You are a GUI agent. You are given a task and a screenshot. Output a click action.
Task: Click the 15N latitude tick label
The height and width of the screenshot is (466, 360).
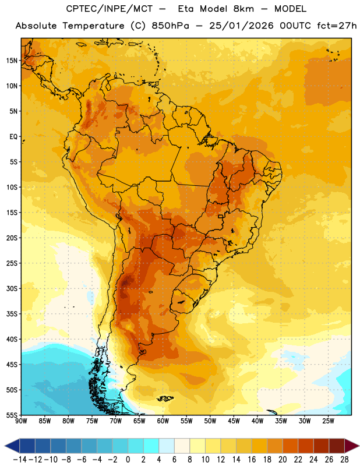pyautogui.click(x=12, y=61)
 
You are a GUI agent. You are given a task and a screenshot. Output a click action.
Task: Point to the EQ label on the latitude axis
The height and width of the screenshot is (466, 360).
pyautogui.click(x=13, y=137)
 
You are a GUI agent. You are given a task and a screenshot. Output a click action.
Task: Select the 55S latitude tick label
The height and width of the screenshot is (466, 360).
pyautogui.click(x=12, y=415)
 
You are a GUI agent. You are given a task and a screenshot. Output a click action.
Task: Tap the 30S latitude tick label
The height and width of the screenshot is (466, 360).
pyautogui.click(x=12, y=288)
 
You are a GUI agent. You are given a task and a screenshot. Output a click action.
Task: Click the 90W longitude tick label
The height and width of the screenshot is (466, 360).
pyautogui.click(x=22, y=421)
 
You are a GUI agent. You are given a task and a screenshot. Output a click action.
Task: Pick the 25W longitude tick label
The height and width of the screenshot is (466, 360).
pyautogui.click(x=328, y=421)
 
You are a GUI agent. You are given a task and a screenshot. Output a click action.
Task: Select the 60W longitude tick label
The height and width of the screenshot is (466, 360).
pyautogui.click(x=163, y=421)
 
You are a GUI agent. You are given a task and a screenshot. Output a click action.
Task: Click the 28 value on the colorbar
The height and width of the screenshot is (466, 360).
pyautogui.click(x=344, y=460)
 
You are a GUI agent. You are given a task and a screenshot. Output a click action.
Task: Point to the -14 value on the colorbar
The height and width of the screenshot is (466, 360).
pyautogui.click(x=20, y=460)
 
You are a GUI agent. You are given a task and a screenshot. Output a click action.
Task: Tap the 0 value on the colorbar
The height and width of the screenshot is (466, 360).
pyautogui.click(x=128, y=460)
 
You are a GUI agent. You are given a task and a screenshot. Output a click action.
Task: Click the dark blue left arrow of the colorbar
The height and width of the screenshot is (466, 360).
pyautogui.click(x=12, y=446)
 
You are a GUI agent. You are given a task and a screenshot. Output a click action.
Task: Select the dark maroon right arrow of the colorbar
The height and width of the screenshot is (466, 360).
pyautogui.click(x=352, y=446)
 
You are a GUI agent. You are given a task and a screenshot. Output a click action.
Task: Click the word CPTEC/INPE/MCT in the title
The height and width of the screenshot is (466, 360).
pyautogui.click(x=110, y=9)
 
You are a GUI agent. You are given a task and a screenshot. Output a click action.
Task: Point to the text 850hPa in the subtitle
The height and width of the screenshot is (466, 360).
pyautogui.click(x=170, y=26)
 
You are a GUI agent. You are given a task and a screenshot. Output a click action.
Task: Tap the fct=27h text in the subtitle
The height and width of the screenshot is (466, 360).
pyautogui.click(x=337, y=26)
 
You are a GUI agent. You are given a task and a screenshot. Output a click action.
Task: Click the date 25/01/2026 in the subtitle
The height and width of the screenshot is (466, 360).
pyautogui.click(x=241, y=26)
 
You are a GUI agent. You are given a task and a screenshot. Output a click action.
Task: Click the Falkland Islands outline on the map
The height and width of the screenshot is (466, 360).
pyautogui.click(x=165, y=398)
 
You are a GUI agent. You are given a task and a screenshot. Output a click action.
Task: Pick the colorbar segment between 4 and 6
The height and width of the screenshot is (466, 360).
pyautogui.click(x=167, y=446)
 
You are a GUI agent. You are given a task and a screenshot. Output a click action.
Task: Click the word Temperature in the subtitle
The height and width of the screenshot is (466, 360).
pyautogui.click(x=93, y=26)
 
